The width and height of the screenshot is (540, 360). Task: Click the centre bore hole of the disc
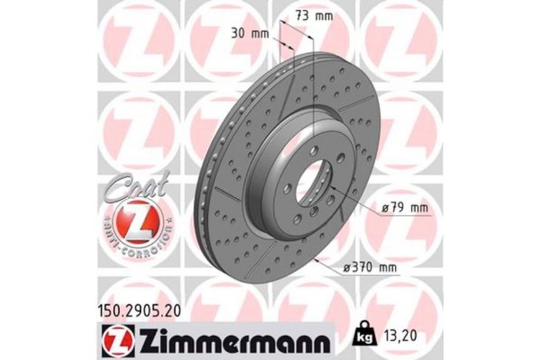(x=308, y=184)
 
